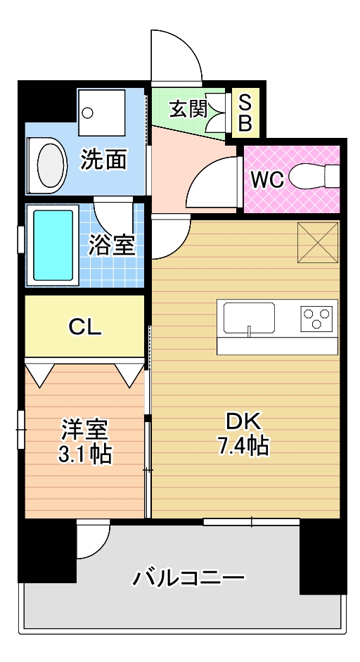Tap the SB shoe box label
[245, 113]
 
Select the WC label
[267, 180]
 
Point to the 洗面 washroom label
[104, 159]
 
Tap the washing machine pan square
[102, 113]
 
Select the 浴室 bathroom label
[111, 245]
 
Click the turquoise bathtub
[53, 245]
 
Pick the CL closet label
[85, 326]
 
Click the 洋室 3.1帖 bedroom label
[85, 442]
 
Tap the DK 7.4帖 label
[243, 433]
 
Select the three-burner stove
[316, 318]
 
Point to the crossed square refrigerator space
[318, 242]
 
